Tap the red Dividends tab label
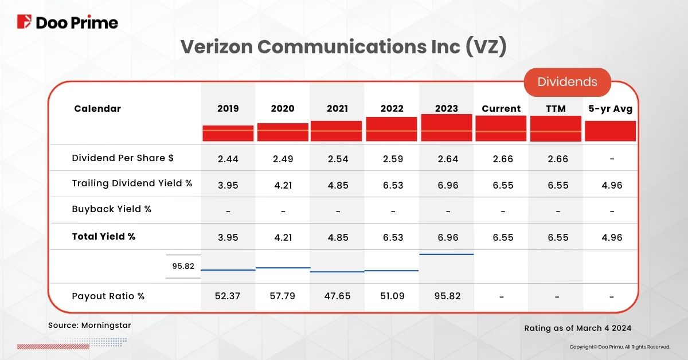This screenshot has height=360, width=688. coord(567,81)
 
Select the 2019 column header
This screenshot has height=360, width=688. coord(228,108)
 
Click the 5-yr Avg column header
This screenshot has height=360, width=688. coord(611,108)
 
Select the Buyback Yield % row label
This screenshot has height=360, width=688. coord(112,209)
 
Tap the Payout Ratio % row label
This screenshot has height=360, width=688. coord(108,296)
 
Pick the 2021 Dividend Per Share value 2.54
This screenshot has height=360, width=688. coord(338,159)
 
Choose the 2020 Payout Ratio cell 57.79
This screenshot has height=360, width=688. coord(283,296)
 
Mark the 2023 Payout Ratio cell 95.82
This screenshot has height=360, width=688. coord(447,296)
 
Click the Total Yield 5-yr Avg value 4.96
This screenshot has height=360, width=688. coord(611,237)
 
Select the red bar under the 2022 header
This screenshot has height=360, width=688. coord(392,129)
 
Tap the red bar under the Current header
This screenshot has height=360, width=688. coord(501,128)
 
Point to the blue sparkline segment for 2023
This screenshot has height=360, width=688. coord(447,254)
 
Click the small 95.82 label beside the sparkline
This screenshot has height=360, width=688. coord(183,266)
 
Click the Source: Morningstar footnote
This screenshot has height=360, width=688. coord(89,325)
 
